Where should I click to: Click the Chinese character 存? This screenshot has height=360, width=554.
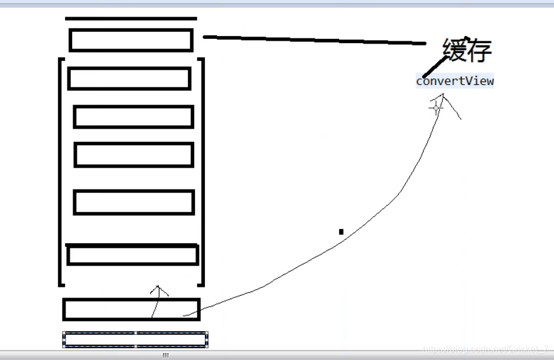point(478,51)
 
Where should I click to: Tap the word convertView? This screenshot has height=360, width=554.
point(455,81)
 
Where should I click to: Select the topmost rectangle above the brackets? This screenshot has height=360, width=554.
point(131,40)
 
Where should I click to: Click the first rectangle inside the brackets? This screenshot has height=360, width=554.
point(129,78)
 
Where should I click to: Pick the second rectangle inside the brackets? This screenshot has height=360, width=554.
point(133,117)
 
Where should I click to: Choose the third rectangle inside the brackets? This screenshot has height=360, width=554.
point(133,155)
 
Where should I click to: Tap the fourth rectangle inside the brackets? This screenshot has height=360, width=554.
point(134,202)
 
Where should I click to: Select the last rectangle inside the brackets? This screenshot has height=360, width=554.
point(132,255)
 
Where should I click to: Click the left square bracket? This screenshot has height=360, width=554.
point(60,171)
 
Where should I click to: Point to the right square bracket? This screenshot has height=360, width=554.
point(202,171)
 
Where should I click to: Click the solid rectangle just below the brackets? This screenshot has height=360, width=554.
point(131,309)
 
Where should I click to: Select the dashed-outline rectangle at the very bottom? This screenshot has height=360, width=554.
point(135,339)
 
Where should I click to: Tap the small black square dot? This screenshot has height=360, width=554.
point(341,232)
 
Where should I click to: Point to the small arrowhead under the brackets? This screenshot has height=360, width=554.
point(158,290)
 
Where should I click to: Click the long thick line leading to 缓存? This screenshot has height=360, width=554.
point(313,40)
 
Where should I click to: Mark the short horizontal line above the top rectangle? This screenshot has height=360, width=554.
point(131,19)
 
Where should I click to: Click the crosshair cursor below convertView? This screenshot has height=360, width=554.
point(436,108)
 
